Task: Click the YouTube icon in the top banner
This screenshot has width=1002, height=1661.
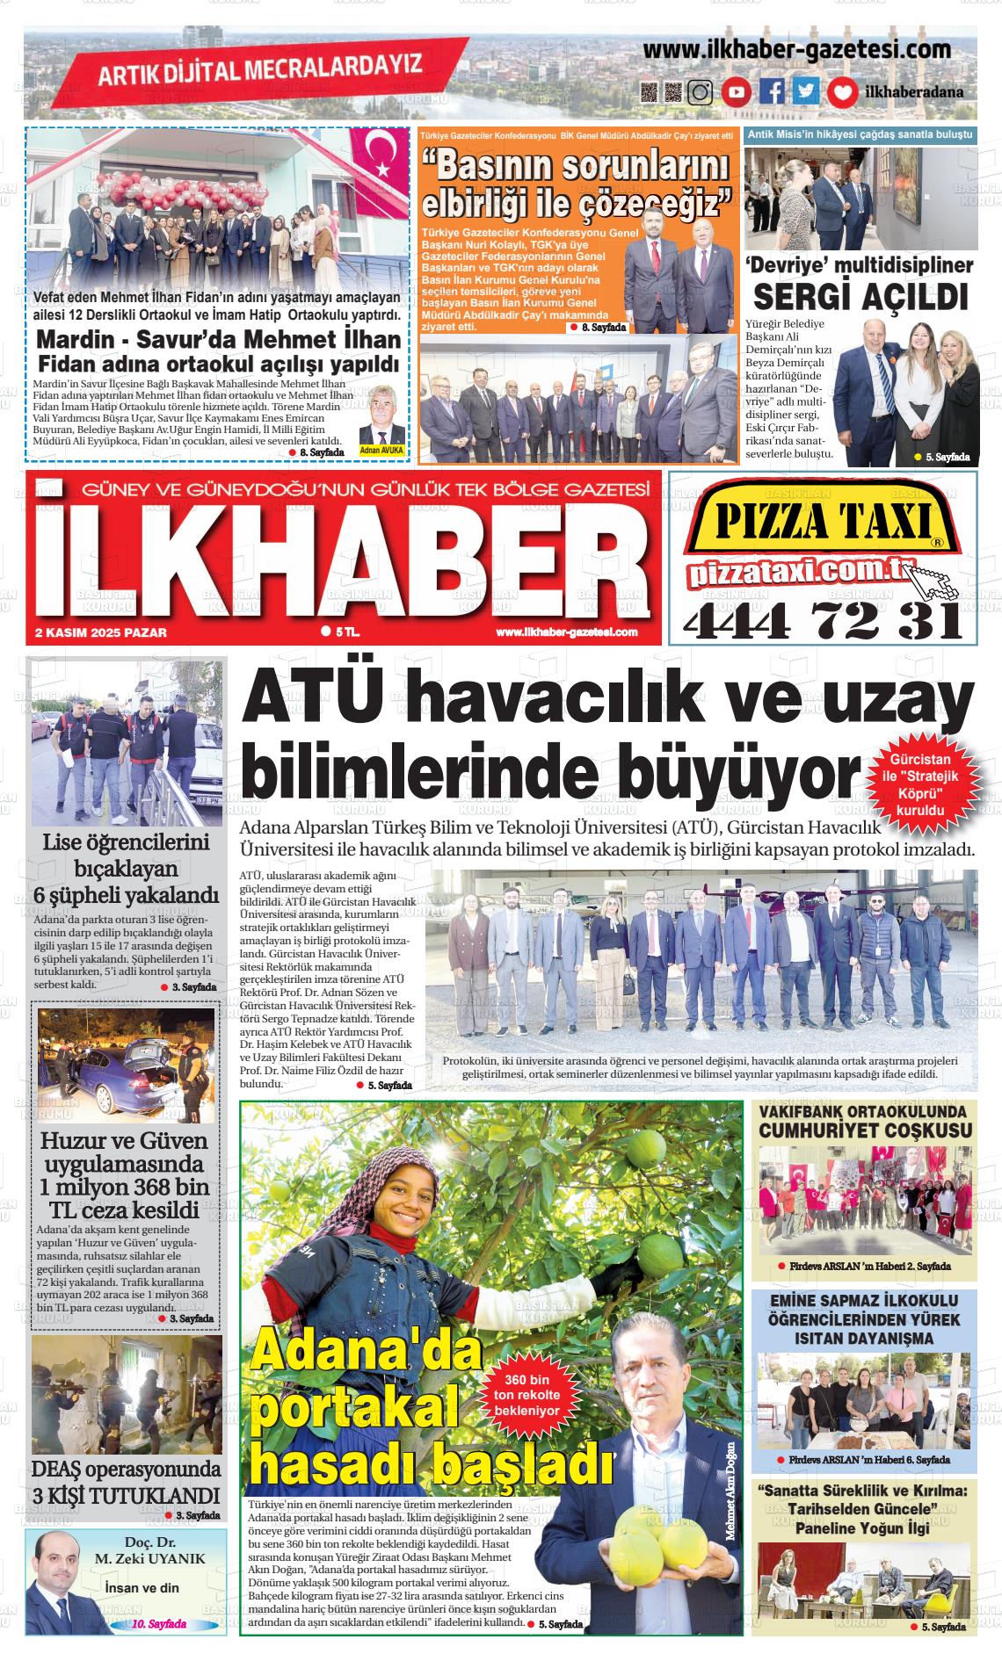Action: pyautogui.click(x=737, y=91)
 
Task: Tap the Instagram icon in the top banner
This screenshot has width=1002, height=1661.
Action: pyautogui.click(x=700, y=91)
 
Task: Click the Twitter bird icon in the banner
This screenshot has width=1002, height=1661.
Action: pyautogui.click(x=806, y=91)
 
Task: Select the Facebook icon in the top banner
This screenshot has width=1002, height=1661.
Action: pyautogui.click(x=773, y=91)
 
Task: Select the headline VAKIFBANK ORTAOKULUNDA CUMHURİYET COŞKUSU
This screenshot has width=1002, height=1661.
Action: pyautogui.click(x=865, y=1122)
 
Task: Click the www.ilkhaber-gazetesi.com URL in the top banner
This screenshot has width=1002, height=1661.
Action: pyautogui.click(x=796, y=50)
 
